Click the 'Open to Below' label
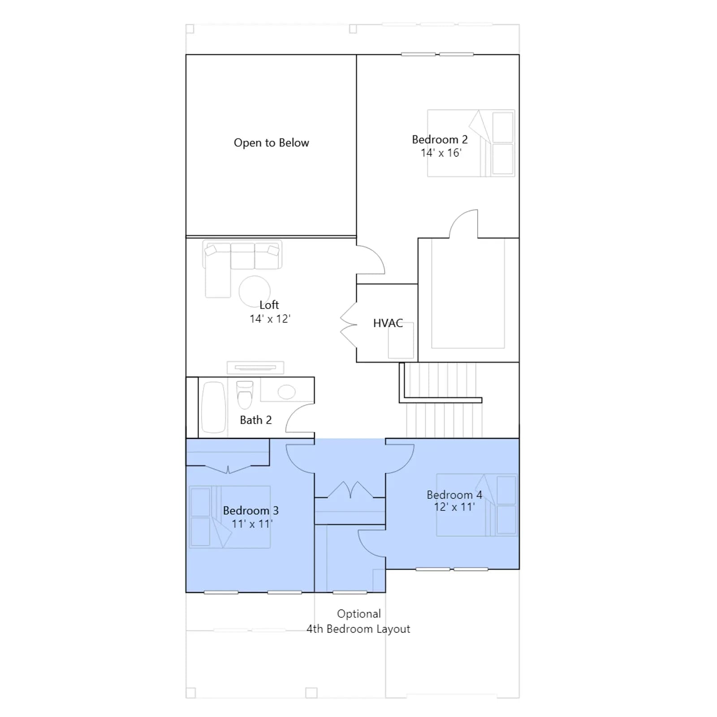pyautogui.click(x=271, y=143)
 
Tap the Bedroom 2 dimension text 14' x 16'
pyautogui.click(x=441, y=153)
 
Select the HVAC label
pyautogui.click(x=388, y=323)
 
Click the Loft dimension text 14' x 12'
pyautogui.click(x=270, y=319)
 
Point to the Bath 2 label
pyautogui.click(x=255, y=420)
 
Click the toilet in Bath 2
pyautogui.click(x=245, y=395)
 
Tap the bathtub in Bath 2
pyautogui.click(x=213, y=407)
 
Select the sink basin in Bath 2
pyautogui.click(x=286, y=392)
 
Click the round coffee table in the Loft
pyautogui.click(x=255, y=291)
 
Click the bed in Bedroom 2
pyautogui.click(x=471, y=143)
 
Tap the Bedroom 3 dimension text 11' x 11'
pyautogui.click(x=252, y=524)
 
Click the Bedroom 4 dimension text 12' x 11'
pyautogui.click(x=454, y=507)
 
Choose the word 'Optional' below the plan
pyautogui.click(x=359, y=614)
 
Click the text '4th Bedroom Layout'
pyautogui.click(x=358, y=629)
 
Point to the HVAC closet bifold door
pyautogui.click(x=349, y=325)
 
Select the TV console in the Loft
pyautogui.click(x=255, y=367)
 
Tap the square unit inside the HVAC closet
pyautogui.click(x=401, y=340)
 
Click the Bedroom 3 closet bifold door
pyautogui.click(x=228, y=469)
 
